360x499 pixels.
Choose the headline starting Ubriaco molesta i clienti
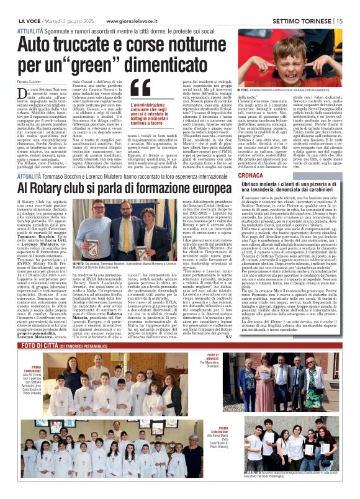[x=297, y=191]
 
